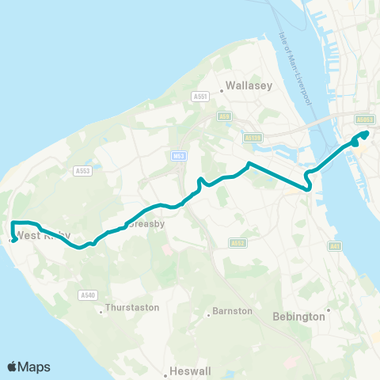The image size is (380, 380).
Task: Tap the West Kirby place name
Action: (44, 236)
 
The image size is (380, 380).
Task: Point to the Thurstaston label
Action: (132, 307)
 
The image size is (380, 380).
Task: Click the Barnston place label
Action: (233, 311)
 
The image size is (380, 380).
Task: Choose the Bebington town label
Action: (298, 317)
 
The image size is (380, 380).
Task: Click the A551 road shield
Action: (199, 97)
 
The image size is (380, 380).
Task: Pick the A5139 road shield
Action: (253, 137)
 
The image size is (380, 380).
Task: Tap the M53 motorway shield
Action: (178, 157)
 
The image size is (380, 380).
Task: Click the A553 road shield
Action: (82, 170)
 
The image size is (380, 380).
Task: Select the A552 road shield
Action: (238, 243)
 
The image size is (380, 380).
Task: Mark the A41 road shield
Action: (336, 247)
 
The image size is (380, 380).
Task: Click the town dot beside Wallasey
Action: (221, 90)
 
